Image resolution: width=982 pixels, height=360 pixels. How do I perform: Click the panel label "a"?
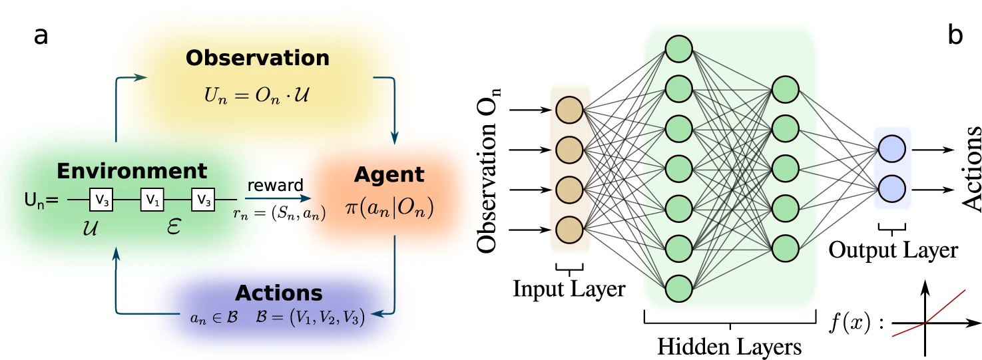pos(41,36)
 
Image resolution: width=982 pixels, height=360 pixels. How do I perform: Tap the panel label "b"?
pos(955,36)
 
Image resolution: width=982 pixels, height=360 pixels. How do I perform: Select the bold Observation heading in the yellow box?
pos(258,59)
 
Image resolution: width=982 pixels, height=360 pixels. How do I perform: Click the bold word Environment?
pos(132,171)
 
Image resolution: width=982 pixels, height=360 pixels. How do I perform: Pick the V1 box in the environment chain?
pos(152,199)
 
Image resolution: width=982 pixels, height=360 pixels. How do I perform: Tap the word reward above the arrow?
pos(275,184)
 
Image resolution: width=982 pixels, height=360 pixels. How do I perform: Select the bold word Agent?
pos(379,175)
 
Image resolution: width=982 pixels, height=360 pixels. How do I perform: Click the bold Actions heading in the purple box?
pos(278,293)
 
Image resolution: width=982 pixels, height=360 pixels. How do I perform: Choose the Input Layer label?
pos(569,289)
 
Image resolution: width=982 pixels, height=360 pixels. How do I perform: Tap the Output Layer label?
pos(893,250)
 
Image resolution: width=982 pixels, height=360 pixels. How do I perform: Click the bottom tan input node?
pos(569,230)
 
